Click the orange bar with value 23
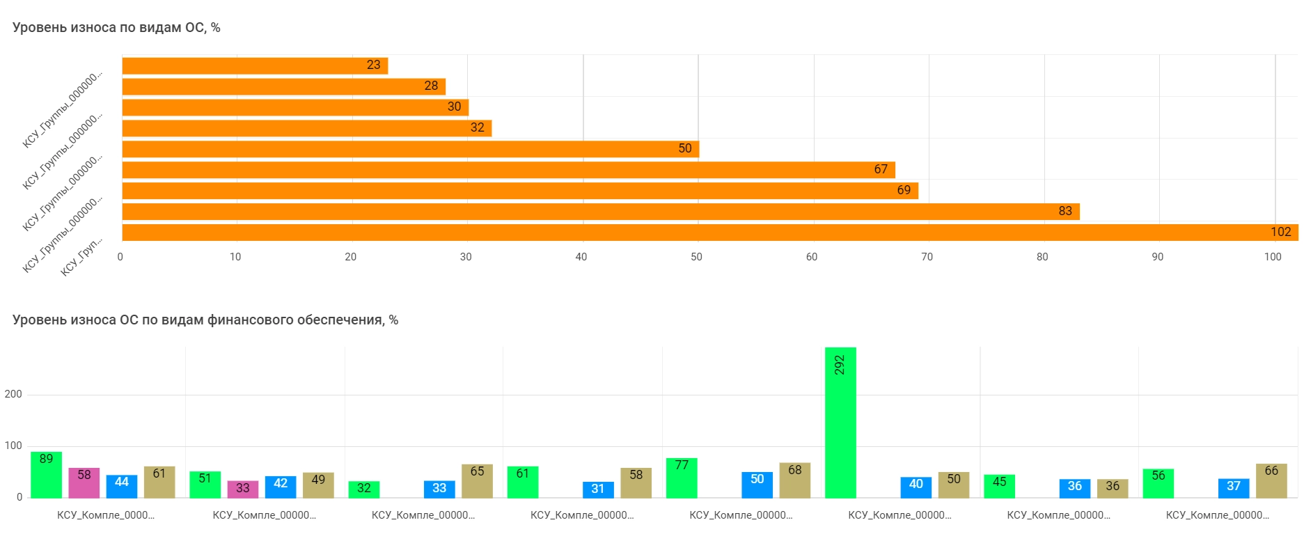254,65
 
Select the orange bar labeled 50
410,149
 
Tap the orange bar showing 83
600,212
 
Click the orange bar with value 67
508,170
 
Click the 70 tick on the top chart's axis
927,257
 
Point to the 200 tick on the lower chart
13,394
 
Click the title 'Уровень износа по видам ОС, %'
116,28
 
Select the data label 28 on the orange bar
431,86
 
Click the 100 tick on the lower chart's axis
13,446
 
